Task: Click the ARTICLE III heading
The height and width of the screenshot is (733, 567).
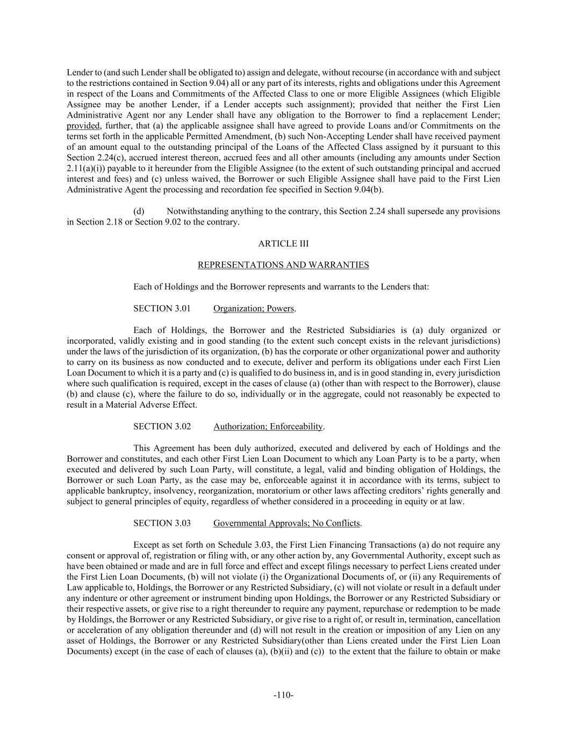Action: (283, 244)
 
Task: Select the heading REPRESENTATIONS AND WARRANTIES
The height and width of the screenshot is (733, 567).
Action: (283, 265)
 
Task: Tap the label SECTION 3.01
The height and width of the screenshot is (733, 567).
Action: (162, 308)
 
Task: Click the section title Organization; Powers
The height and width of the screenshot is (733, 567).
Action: (254, 308)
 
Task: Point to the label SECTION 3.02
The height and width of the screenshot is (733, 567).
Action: (162, 426)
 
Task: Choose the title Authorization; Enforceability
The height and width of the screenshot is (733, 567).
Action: (268, 426)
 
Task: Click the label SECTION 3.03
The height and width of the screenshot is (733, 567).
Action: (162, 523)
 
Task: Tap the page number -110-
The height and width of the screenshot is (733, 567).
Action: (283, 695)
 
